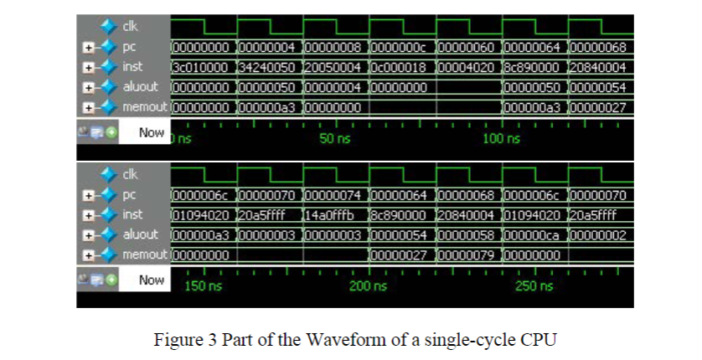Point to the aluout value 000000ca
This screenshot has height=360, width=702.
tap(534, 234)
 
